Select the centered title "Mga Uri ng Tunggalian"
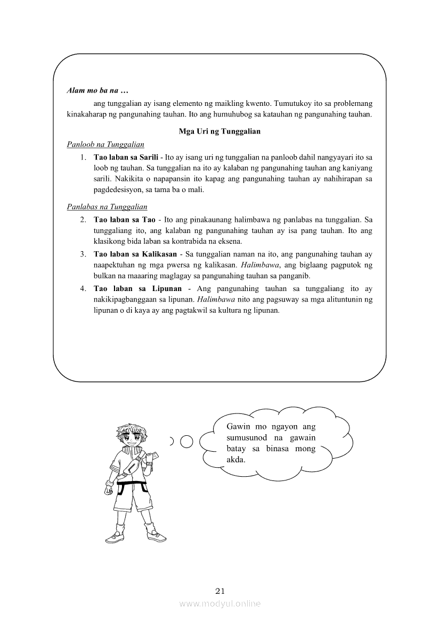219,131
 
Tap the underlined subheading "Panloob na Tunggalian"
105,144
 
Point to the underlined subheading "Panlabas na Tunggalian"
107,206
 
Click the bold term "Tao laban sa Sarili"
126,158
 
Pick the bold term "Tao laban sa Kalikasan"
136,254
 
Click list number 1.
83,158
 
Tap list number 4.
83,289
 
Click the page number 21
220,591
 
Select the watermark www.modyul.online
220,603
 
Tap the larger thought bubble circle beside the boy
186,441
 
